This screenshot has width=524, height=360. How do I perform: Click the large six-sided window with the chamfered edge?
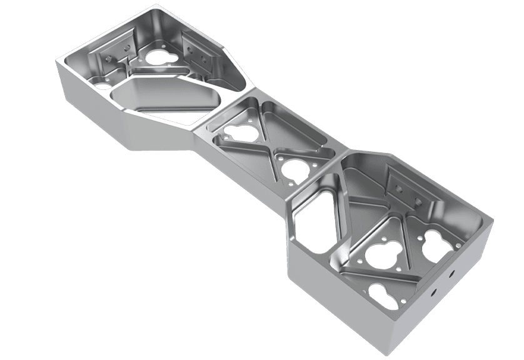pyautogui.click(x=164, y=100)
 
